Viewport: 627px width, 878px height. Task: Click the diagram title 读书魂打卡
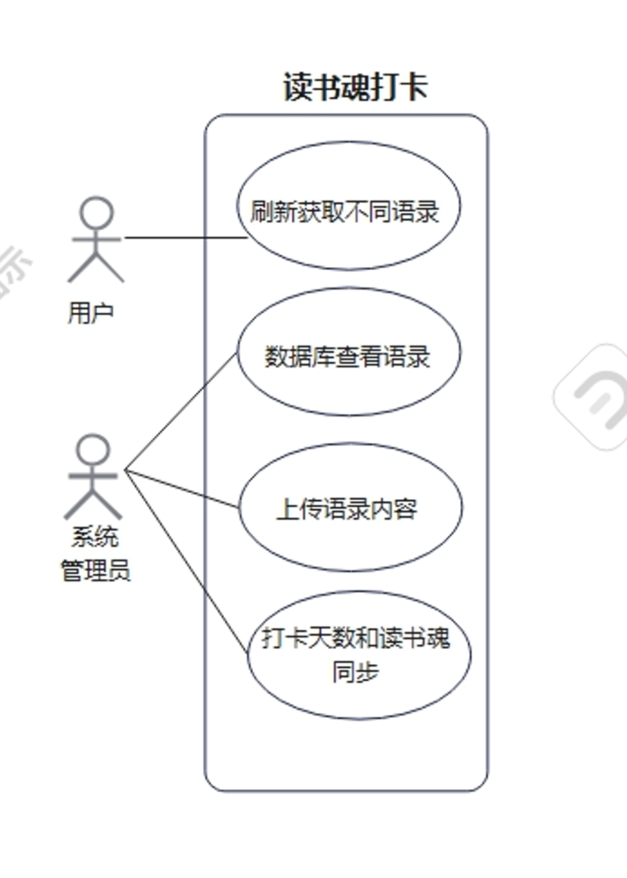(x=355, y=88)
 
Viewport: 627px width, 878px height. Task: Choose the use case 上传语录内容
(x=348, y=508)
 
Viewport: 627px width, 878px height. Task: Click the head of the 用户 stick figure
(x=96, y=213)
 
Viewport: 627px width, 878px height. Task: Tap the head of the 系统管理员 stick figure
(x=94, y=449)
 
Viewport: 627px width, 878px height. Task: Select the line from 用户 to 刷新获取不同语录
(x=185, y=238)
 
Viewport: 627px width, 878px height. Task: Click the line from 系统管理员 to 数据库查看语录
(x=182, y=412)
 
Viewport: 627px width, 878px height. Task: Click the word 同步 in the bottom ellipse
(x=356, y=672)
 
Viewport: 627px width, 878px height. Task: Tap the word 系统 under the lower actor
(x=96, y=537)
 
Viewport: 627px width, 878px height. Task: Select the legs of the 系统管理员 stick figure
(x=93, y=505)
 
